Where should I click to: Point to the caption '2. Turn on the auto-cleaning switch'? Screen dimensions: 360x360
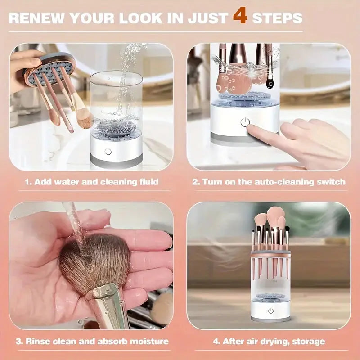(269, 182)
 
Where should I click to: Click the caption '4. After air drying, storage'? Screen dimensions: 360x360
(269, 341)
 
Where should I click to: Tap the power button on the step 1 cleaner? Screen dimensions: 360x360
(108, 151)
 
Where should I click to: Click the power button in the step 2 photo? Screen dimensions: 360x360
(245, 122)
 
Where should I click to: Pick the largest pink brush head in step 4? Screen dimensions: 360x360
(275, 216)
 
